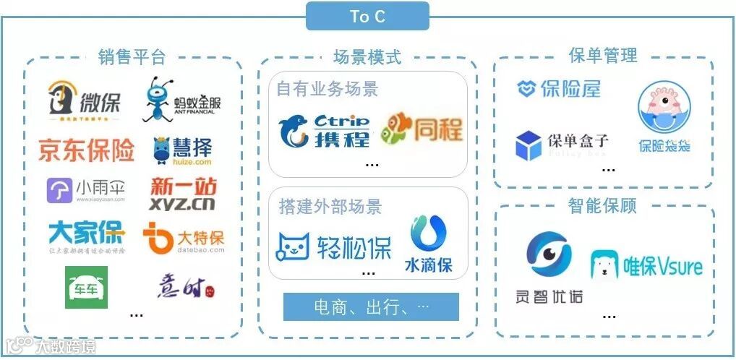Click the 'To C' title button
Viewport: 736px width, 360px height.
coord(367,16)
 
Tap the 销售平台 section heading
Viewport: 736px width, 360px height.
coord(132,56)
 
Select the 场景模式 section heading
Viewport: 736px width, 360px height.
coord(367,56)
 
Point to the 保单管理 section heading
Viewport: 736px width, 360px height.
coord(603,56)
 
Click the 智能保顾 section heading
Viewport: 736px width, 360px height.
coord(603,206)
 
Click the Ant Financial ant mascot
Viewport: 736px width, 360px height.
coord(159,99)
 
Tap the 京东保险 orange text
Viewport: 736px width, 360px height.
coord(87,150)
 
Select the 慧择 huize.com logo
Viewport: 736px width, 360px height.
coord(182,150)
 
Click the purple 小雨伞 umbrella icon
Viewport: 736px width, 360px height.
coord(59,191)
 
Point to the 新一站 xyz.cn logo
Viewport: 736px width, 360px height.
coord(183,194)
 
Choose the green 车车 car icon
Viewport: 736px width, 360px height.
coord(86,287)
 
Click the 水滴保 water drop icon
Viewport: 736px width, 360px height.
coord(428,234)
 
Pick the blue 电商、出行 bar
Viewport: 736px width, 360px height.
coord(371,307)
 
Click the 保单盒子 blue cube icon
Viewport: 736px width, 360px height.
coord(529,145)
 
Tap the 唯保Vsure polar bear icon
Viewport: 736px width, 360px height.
coord(604,265)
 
